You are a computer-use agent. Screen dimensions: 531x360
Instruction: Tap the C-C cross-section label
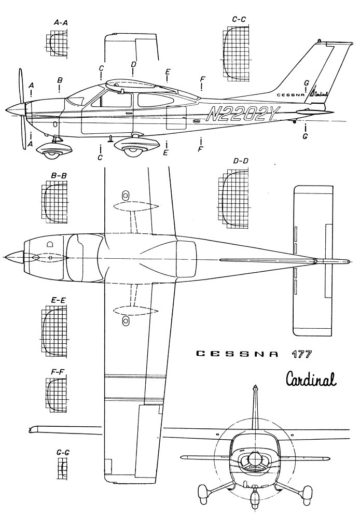point(239,20)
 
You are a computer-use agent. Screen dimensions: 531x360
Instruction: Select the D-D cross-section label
point(240,161)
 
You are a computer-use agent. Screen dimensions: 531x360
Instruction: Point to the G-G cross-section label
point(63,453)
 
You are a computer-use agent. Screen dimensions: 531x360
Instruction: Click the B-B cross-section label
point(59,175)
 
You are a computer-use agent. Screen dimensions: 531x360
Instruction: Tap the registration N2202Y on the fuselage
point(242,115)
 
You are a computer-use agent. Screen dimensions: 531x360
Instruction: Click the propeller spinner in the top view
point(13,257)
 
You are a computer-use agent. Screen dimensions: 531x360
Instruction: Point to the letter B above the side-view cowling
point(60,80)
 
